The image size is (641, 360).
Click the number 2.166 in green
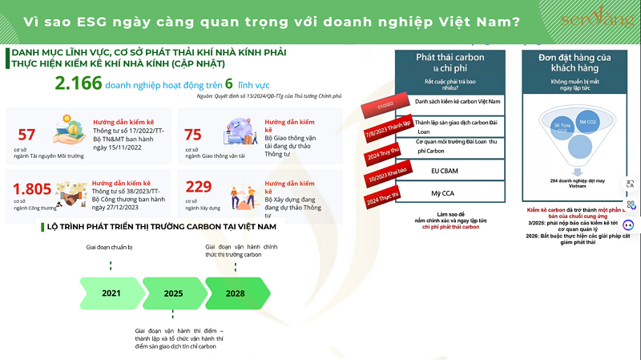pyautogui.click(x=79, y=83)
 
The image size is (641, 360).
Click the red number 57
pyautogui.click(x=26, y=134)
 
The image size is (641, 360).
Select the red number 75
pyautogui.click(x=193, y=134)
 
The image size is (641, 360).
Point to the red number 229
pyautogui.click(x=198, y=187)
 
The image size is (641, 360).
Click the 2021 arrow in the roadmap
pyautogui.click(x=111, y=293)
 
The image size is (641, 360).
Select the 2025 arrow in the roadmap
pyautogui.click(x=173, y=293)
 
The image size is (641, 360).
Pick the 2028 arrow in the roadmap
pyautogui.click(x=235, y=293)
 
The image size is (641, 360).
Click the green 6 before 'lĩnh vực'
pyautogui.click(x=228, y=83)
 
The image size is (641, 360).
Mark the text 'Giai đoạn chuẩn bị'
pyautogui.click(x=110, y=248)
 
